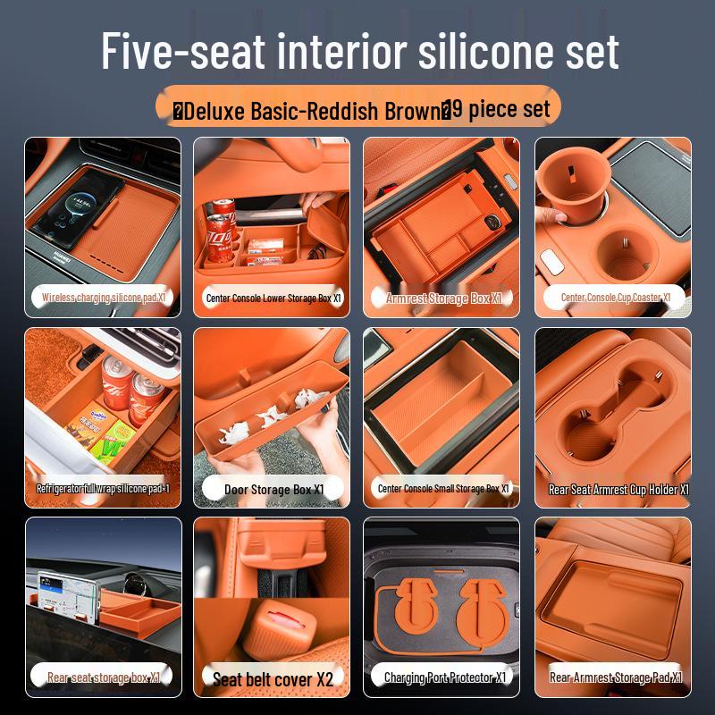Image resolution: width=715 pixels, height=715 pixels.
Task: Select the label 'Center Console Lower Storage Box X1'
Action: click(273, 298)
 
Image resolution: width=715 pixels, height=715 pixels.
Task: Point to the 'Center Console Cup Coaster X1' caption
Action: click(615, 298)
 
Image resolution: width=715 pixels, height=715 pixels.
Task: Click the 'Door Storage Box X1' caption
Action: click(273, 489)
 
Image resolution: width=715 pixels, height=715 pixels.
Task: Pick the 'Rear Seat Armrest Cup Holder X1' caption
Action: click(617, 490)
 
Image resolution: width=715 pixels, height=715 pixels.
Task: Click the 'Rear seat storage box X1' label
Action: click(104, 677)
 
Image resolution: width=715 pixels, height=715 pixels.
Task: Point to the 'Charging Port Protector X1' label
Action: click(444, 677)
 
